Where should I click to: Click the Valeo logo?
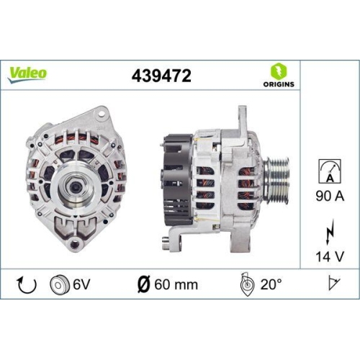pyautogui.click(x=28, y=73)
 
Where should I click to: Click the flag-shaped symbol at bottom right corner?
pyautogui.click(x=333, y=284)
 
